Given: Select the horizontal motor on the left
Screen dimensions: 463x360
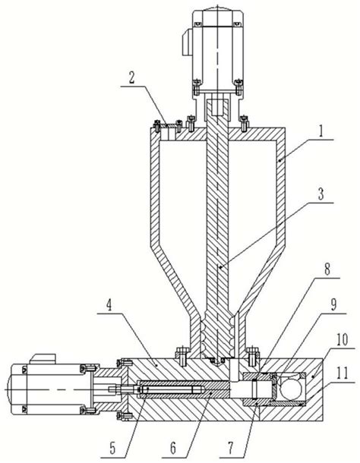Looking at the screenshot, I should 46,387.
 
